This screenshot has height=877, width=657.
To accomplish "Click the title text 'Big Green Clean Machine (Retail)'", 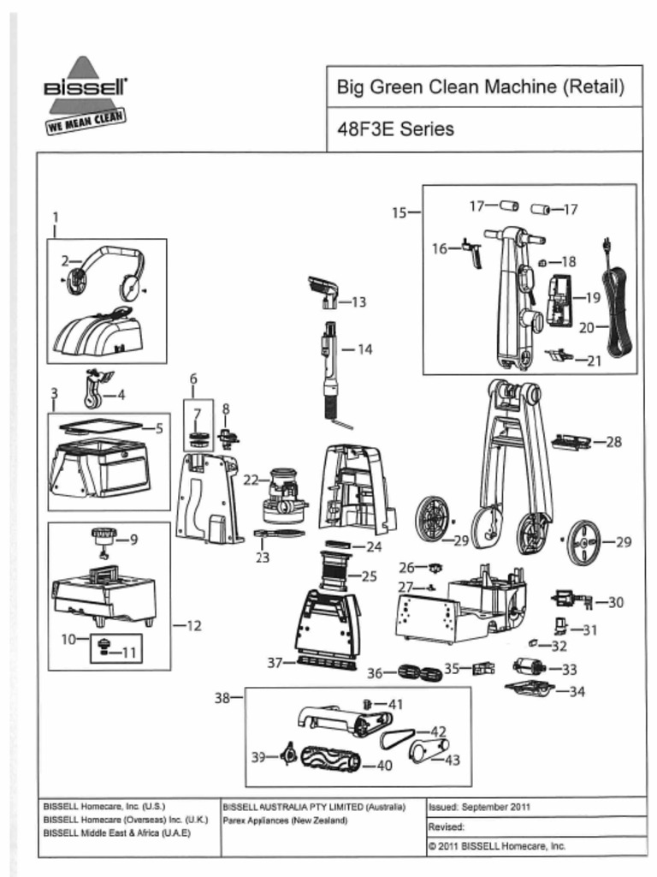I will [x=479, y=87].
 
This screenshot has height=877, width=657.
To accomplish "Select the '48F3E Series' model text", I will [x=394, y=129].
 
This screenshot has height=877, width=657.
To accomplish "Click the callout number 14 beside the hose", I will [x=364, y=349].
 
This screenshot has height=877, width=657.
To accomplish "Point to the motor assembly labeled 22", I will [x=284, y=497].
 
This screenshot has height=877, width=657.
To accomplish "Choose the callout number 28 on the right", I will [x=613, y=442].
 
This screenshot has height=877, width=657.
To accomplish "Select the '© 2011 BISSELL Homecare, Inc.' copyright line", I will [x=496, y=845].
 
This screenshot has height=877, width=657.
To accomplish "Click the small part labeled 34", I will [x=531, y=689].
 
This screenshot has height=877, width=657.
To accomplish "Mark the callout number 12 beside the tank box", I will [x=192, y=626].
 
